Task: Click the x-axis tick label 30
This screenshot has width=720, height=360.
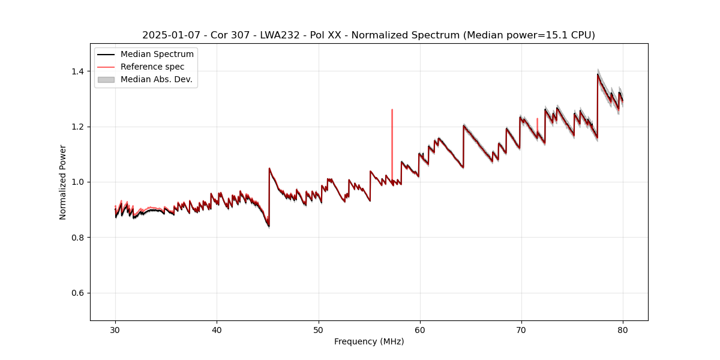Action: (x=115, y=329)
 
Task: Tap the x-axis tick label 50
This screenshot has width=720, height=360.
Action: (x=319, y=329)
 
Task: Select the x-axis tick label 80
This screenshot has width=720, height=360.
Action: (x=623, y=329)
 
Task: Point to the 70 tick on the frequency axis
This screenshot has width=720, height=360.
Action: (x=521, y=329)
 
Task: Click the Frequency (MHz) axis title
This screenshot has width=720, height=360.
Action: (x=369, y=341)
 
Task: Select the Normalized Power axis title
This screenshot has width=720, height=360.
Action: (x=62, y=182)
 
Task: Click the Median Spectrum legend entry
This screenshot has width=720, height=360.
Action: (x=157, y=55)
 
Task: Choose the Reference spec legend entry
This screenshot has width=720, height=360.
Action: (x=152, y=67)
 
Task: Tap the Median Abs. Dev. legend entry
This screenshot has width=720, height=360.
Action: (x=156, y=79)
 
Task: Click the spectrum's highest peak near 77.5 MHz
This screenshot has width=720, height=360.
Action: (x=598, y=74)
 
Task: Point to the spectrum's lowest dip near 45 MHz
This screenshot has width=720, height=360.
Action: (x=268, y=226)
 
